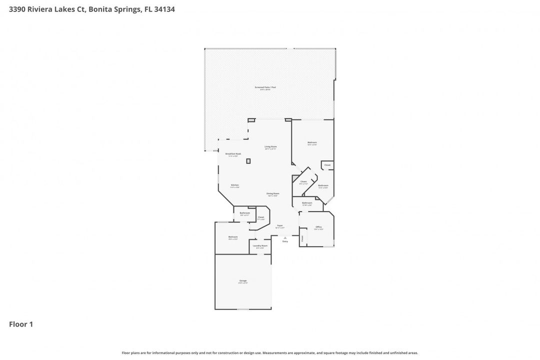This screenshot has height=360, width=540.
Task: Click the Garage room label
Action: [x=243, y=281]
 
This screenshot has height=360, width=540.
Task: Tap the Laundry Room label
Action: [x=260, y=246]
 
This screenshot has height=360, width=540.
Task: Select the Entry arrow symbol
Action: [x=285, y=237]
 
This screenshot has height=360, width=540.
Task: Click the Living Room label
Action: [x=270, y=147]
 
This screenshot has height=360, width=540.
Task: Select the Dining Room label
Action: [x=272, y=194]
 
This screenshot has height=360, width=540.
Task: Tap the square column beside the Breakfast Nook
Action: [x=248, y=160]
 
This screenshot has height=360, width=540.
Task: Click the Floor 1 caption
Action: [x=21, y=324]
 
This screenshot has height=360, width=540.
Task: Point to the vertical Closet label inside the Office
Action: [x=302, y=239]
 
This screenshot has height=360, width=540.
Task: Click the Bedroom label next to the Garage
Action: [x=232, y=237]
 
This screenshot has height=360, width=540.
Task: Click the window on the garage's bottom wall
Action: [x=243, y=309]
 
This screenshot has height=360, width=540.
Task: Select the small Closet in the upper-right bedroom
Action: [x=327, y=165]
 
